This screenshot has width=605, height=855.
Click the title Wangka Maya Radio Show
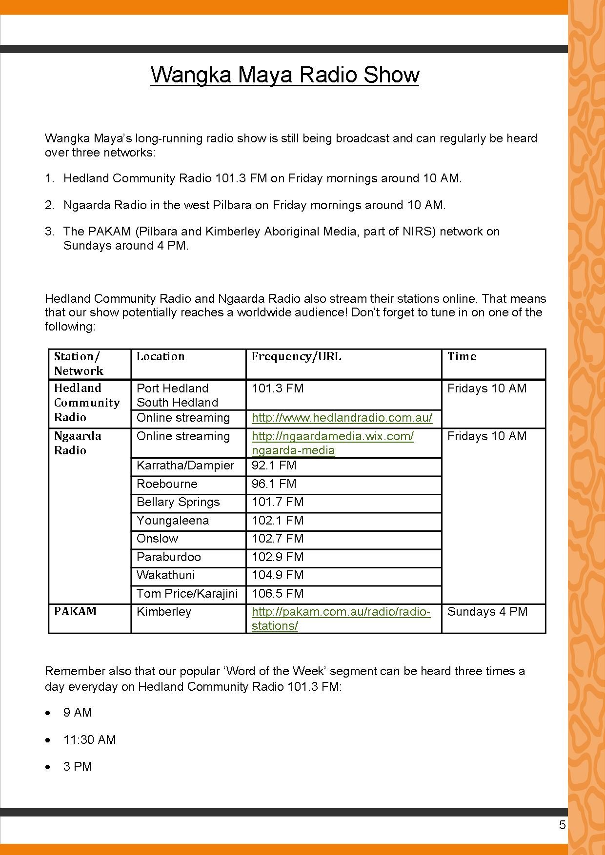tap(284, 75)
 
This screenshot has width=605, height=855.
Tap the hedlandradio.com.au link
tap(342, 418)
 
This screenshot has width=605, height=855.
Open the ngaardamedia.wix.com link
tap(332, 443)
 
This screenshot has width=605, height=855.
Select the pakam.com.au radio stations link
tap(341, 618)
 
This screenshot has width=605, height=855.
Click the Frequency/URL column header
tap(296, 356)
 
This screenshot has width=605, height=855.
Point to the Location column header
tap(161, 356)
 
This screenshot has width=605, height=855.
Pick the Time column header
tap(462, 356)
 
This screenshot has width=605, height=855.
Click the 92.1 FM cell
tap(274, 465)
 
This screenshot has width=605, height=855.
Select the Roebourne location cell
tap(167, 484)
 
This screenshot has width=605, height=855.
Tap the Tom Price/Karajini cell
tap(187, 593)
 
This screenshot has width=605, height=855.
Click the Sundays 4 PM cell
tap(487, 611)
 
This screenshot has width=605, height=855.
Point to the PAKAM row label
tap(75, 611)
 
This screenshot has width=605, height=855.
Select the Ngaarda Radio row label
tap(77, 443)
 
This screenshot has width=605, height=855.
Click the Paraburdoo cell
tap(168, 557)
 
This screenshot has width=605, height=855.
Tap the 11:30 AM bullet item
tap(89, 739)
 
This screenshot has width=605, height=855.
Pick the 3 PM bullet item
tap(78, 766)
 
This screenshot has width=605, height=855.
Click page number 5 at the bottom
tap(562, 825)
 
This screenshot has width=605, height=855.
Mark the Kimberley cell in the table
tap(164, 611)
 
